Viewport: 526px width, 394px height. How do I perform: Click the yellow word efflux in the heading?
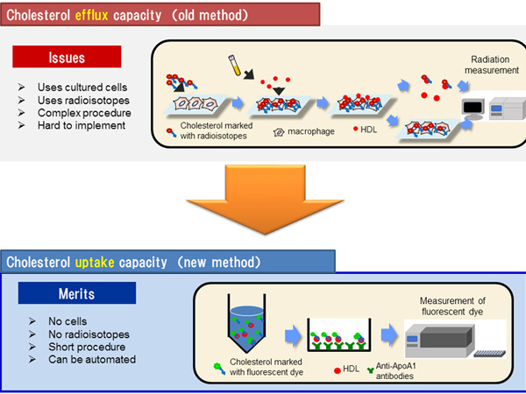91,15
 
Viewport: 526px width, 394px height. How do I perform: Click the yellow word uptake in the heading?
95,263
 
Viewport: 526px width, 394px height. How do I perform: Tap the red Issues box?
67,57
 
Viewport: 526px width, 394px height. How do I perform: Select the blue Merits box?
77,293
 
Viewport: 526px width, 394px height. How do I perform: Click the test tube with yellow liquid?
234,66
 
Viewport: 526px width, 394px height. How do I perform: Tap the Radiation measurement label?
491,65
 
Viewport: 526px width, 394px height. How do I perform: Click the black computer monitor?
473,109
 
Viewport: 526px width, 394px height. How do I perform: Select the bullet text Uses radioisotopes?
83,100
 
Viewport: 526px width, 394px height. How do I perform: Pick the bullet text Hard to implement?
82,125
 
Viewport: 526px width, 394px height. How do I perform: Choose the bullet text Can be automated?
92,360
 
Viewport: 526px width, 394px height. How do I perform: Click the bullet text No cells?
68,321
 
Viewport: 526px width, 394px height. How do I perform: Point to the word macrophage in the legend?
311,131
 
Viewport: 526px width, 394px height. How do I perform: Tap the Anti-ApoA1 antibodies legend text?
395,371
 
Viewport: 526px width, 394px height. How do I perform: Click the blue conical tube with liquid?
246,323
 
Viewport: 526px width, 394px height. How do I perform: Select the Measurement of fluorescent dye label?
452,306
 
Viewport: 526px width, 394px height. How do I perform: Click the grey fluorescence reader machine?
440,341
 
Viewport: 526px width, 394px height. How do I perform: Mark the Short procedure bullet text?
87,347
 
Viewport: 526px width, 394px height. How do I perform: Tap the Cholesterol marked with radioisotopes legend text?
217,130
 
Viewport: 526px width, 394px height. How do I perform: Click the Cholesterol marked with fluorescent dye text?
267,367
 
